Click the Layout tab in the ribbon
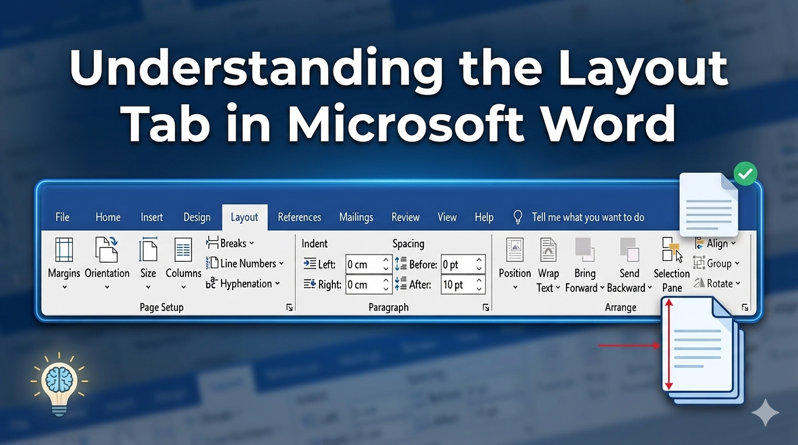(x=244, y=217)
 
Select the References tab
(x=299, y=217)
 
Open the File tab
(x=63, y=217)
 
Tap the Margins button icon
(x=64, y=250)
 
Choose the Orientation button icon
(x=107, y=250)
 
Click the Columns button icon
(x=183, y=250)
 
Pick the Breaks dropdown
(x=230, y=243)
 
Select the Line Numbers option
(x=245, y=264)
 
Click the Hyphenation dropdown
(x=243, y=283)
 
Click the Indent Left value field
(x=369, y=264)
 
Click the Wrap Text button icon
(x=548, y=250)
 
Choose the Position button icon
(x=515, y=250)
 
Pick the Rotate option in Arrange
(x=717, y=283)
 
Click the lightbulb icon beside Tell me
(x=518, y=217)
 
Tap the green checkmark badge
(x=745, y=174)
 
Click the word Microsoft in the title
(x=406, y=122)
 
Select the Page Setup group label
(x=161, y=307)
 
